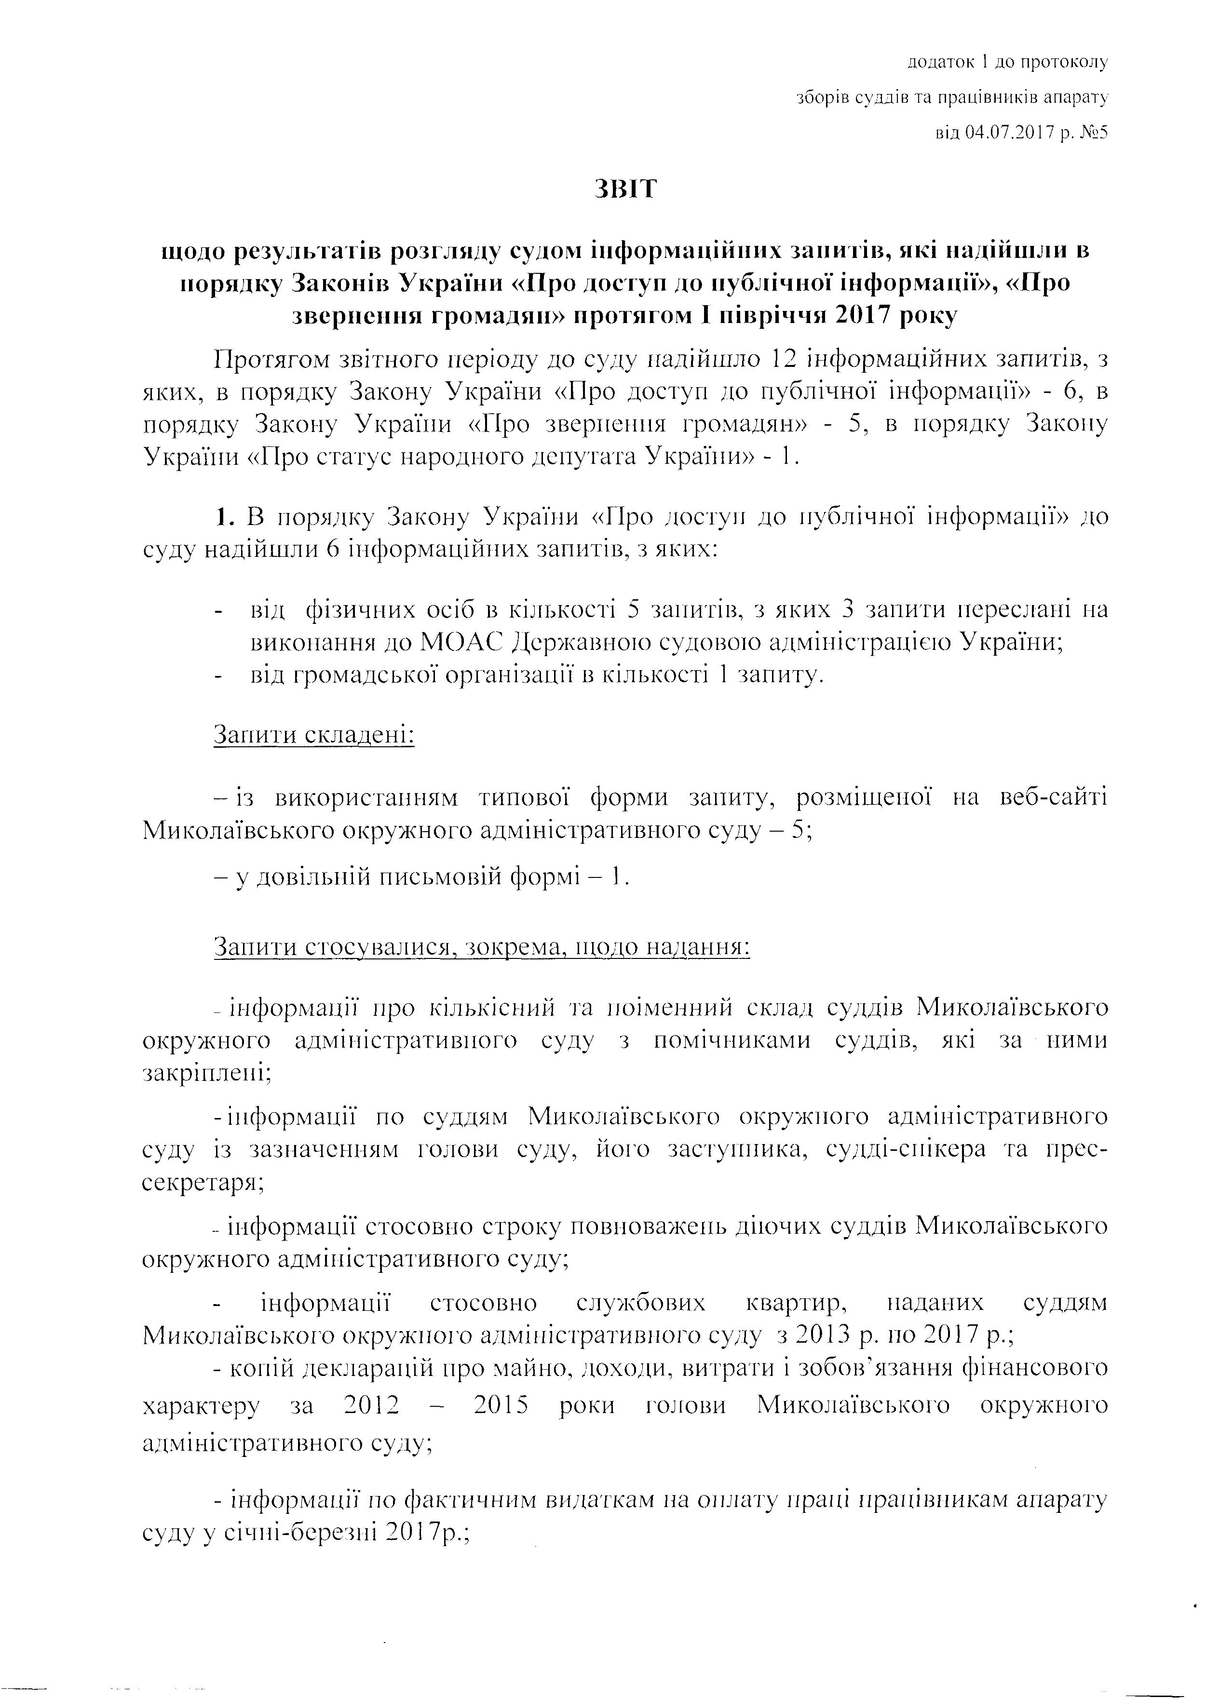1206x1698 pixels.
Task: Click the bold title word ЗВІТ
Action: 625,189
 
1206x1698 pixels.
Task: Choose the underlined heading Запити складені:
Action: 313,735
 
